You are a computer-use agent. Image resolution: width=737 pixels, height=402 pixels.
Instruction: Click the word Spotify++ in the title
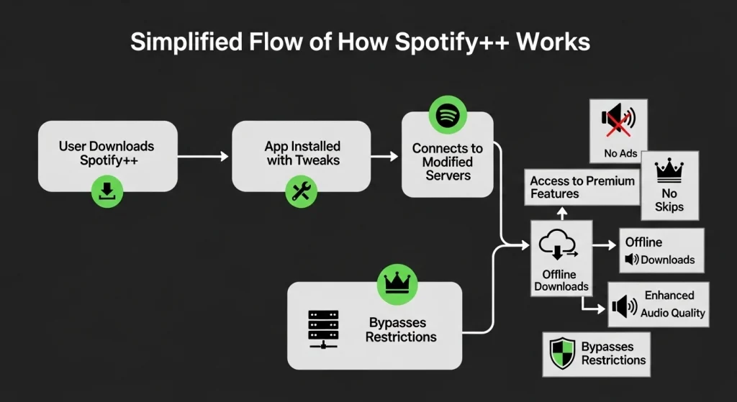tap(440, 42)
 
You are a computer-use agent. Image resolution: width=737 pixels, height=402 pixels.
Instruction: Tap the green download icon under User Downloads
tap(107, 191)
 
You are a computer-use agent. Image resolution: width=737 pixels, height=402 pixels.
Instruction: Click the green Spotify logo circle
tap(448, 115)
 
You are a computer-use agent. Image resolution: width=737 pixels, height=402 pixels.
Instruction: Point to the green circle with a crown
tap(397, 283)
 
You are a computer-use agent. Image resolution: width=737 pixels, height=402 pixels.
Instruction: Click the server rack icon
tap(322, 329)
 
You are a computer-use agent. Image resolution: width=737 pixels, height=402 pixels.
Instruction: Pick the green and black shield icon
tap(562, 354)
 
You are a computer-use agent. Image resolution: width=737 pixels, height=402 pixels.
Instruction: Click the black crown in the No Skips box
tap(669, 170)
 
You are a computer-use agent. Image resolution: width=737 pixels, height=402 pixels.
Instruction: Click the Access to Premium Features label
tap(582, 187)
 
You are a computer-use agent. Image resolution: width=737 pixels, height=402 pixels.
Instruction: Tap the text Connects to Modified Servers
tap(447, 162)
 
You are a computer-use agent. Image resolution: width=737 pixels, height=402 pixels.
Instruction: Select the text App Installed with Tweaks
tap(302, 153)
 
